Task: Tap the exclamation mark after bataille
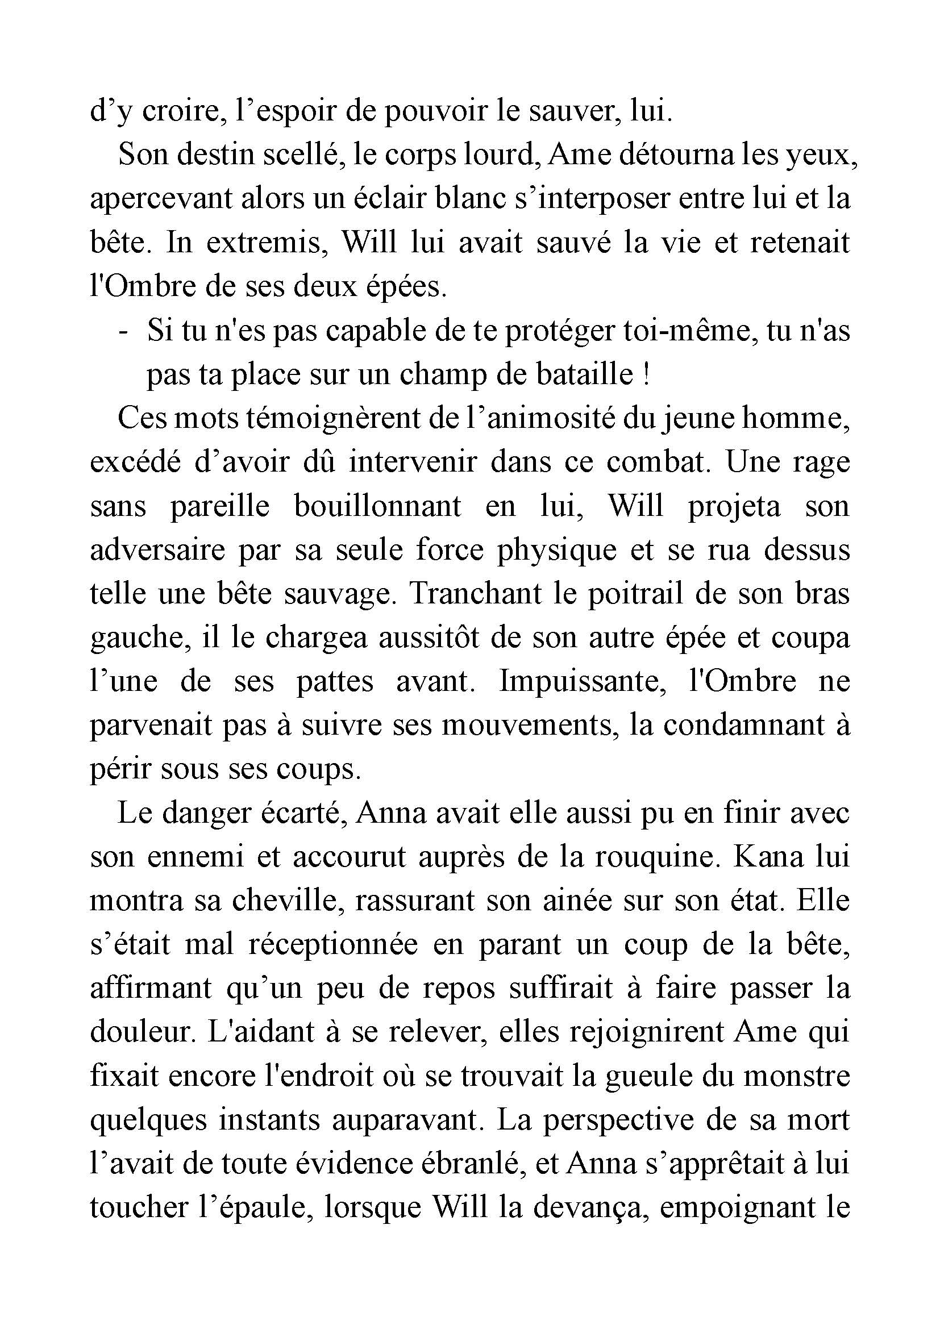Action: coord(646,375)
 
